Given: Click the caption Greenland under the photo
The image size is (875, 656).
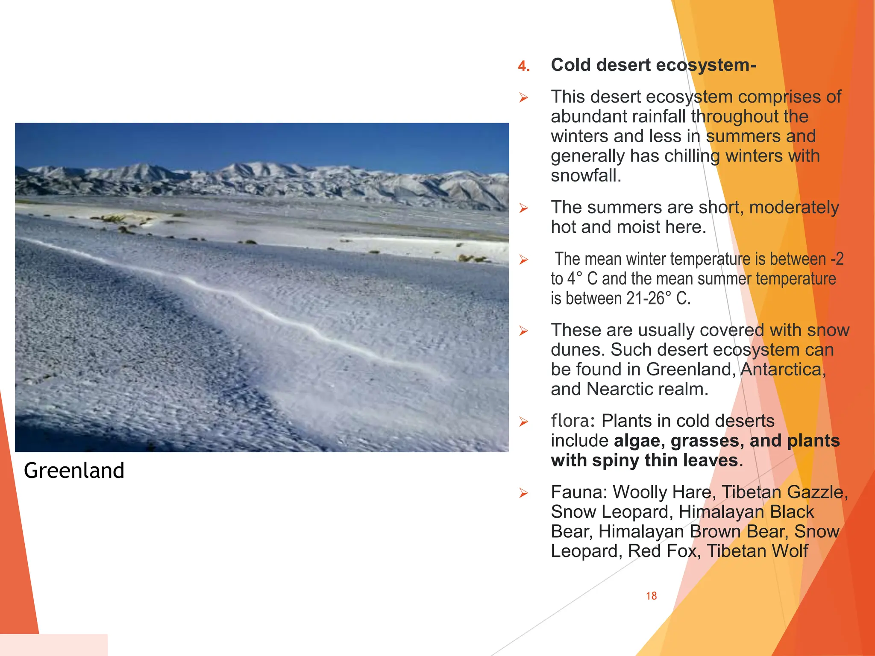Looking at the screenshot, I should click(74, 470).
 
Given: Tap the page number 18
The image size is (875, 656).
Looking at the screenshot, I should click(651, 596).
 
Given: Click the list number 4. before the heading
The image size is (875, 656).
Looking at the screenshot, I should click(524, 66).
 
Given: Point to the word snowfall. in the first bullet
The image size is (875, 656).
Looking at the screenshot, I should click(586, 176).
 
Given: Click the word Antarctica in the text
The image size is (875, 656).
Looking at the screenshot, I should click(783, 369).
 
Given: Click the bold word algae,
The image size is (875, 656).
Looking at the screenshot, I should click(640, 441).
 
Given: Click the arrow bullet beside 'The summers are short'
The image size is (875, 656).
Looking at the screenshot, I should click(524, 208).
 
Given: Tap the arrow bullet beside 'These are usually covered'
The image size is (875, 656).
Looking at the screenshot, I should click(524, 331).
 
